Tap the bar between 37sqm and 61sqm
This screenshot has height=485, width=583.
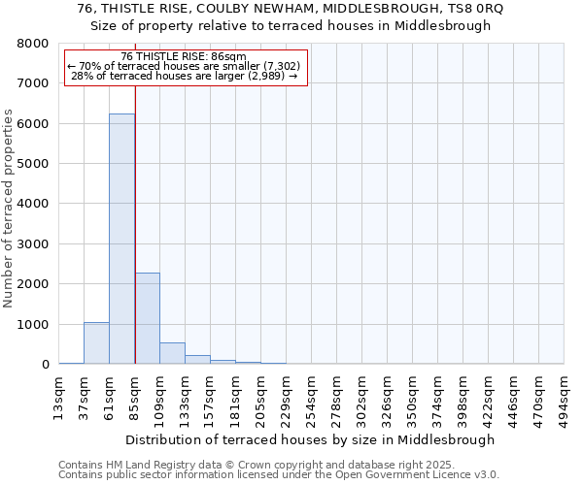pos(96,343)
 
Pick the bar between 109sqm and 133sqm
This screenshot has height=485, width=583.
pos(172,353)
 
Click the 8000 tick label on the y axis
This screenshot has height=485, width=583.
pos(34,44)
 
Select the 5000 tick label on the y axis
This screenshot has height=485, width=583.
pos(34,164)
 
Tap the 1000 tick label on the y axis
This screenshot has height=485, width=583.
pos(34,324)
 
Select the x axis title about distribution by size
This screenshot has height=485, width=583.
pos(310,439)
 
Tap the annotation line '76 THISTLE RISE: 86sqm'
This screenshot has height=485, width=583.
pos(184,57)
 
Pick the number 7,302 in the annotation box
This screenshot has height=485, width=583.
pos(279,66)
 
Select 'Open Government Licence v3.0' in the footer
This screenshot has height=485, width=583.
pos(420,474)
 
